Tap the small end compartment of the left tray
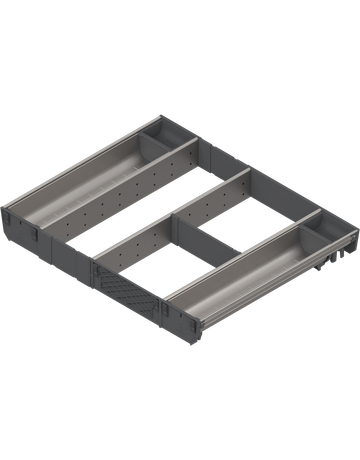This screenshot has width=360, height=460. tap(165, 141)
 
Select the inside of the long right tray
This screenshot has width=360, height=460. tap(240, 267)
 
